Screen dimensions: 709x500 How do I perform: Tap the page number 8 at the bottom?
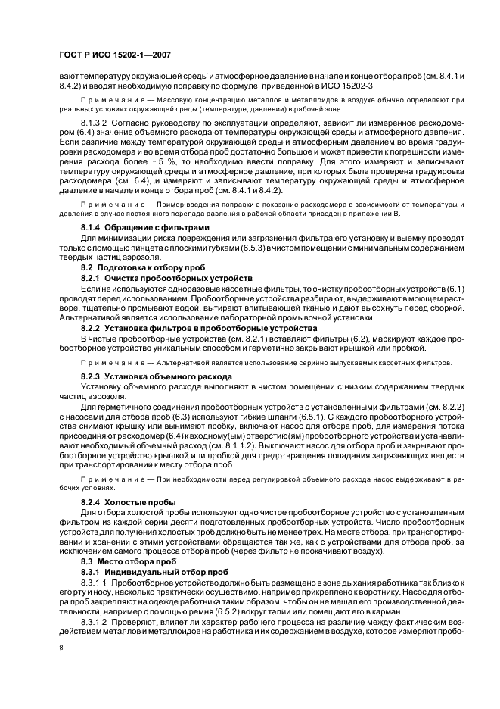click(x=62, y=647)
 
